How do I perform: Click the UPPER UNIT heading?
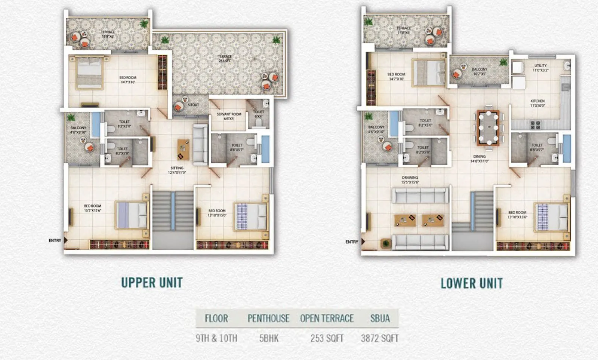coord(152,283)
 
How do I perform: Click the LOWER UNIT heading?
coord(471,283)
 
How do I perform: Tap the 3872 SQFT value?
coord(379,338)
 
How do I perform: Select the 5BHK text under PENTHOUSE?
coord(269,338)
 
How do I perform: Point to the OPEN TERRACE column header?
coord(327,319)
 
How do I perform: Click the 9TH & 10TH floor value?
coord(216,338)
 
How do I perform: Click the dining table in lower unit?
coord(488,128)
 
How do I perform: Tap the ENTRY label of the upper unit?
coord(55,240)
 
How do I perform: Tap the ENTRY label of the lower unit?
coord(352,242)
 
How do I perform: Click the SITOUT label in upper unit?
coord(193,105)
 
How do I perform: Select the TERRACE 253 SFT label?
coord(225,58)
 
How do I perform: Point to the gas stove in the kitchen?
coord(535,125)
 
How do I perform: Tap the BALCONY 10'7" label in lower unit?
coord(479,71)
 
